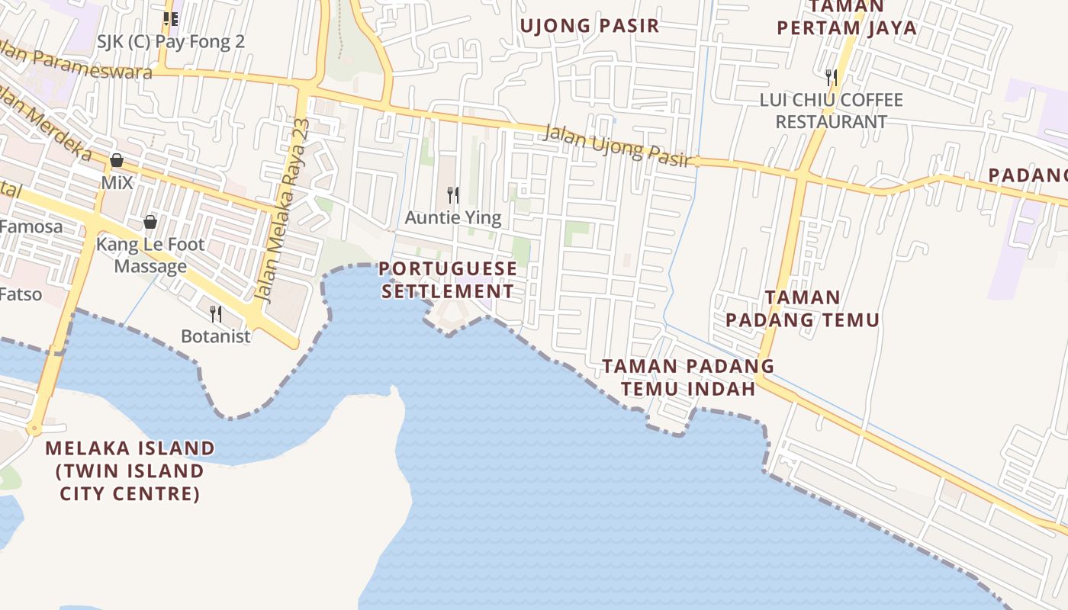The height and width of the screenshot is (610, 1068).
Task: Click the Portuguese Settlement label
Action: click(x=448, y=280)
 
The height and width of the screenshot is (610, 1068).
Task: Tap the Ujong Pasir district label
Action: click(x=589, y=26)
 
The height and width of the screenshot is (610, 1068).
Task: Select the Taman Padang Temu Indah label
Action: click(x=688, y=377)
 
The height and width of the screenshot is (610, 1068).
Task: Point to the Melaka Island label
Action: click(x=130, y=470)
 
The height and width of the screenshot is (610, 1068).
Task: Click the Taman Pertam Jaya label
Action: click(x=846, y=18)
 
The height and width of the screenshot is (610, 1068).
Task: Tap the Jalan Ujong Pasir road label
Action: click(x=617, y=145)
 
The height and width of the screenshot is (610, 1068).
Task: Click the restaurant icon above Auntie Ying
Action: click(x=453, y=195)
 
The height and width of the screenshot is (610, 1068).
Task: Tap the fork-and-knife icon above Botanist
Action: click(x=216, y=313)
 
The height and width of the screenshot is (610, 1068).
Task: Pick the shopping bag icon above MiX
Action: click(x=117, y=161)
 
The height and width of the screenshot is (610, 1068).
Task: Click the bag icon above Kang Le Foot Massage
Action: click(x=150, y=222)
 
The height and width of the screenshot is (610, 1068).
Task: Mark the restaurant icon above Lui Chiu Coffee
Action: click(x=831, y=77)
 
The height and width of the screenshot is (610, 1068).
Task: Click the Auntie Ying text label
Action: click(x=453, y=218)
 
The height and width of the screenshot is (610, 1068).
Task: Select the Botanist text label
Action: click(x=216, y=336)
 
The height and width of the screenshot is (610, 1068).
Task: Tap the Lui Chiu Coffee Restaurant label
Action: click(x=831, y=111)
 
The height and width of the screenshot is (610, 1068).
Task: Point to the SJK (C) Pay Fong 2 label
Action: click(x=171, y=41)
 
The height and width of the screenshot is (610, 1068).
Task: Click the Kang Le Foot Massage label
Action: click(x=150, y=255)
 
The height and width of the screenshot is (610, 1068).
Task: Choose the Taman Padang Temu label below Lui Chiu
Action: click(x=803, y=308)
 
